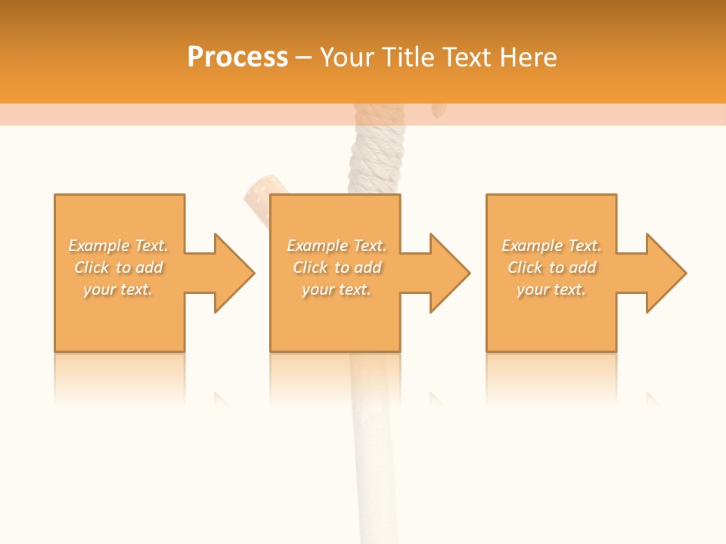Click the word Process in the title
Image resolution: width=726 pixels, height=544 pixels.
click(x=237, y=57)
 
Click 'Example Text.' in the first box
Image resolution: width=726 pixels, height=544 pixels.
click(x=118, y=246)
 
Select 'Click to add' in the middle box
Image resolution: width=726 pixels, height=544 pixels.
click(x=337, y=267)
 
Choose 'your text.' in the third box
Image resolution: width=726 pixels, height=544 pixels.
click(x=551, y=289)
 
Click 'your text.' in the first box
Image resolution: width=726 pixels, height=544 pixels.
click(x=118, y=289)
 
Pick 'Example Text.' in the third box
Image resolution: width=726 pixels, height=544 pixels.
click(x=551, y=246)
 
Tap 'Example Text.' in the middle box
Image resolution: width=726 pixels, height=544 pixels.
click(x=337, y=246)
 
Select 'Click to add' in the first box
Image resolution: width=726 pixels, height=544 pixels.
click(x=118, y=267)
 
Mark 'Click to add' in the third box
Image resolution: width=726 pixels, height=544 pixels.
click(x=551, y=267)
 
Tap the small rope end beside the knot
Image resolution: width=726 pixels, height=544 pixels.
click(x=437, y=111)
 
